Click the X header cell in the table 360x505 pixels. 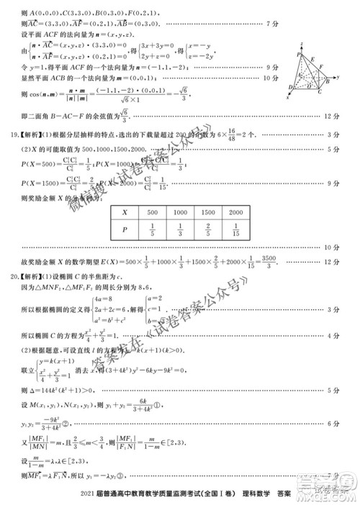(x=125, y=213)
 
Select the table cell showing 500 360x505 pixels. (x=152, y=213)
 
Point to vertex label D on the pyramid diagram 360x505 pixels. (x=290, y=87)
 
